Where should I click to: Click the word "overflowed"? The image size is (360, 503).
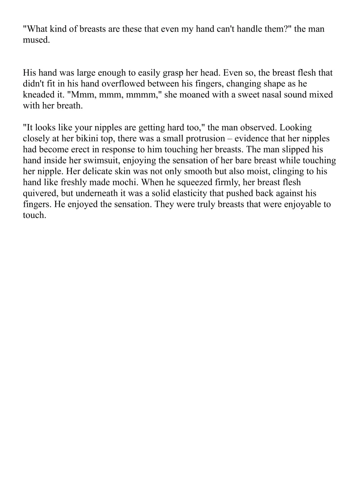click(119, 84)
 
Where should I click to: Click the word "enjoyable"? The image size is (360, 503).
click(302, 204)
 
